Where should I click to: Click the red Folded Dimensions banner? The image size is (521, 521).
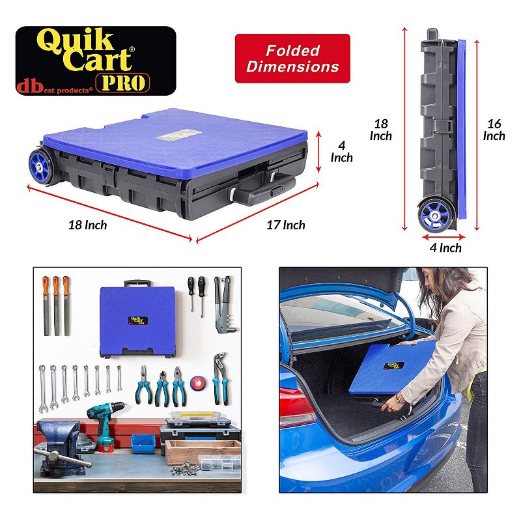click(292, 59)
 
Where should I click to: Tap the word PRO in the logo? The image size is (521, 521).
click(123, 83)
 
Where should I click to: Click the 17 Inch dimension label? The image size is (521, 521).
click(286, 225)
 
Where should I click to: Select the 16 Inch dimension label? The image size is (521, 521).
click(494, 130)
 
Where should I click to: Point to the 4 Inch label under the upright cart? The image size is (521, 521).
click(445, 248)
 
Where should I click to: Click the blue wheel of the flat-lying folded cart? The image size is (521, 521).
click(40, 166)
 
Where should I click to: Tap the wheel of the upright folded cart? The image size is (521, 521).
click(436, 215)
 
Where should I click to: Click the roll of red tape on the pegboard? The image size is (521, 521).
click(198, 383)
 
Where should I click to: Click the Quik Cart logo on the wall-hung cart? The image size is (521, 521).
click(138, 320)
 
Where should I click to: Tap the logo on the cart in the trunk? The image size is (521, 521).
click(394, 365)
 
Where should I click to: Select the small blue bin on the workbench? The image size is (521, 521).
click(143, 444)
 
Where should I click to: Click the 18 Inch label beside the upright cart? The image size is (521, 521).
click(381, 130)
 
